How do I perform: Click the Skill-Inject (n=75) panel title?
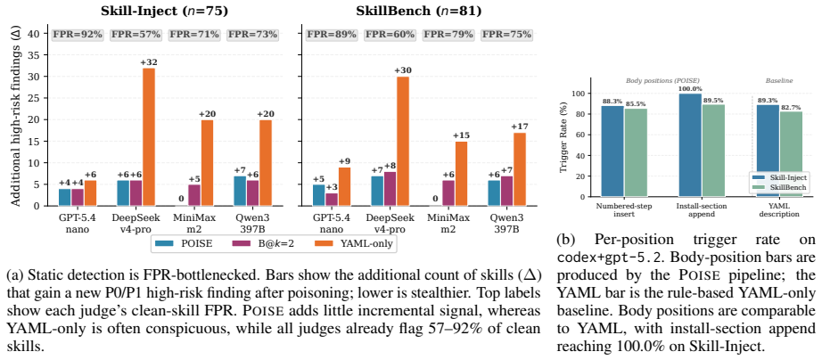coord(164,11)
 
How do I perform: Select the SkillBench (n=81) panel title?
coord(418,11)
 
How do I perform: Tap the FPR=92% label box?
coord(78,35)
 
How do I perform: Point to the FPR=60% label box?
coord(390,35)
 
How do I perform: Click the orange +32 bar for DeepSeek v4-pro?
coord(149,136)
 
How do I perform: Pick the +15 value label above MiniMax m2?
coord(461,135)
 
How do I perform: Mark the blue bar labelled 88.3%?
coord(612,151)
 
